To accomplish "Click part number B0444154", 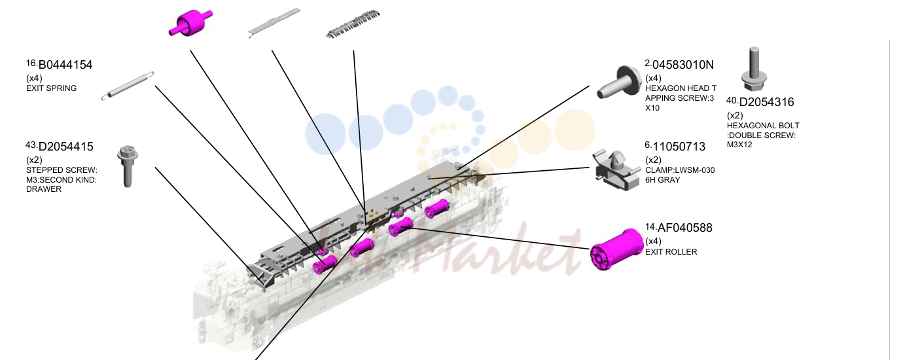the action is [x=65, y=65].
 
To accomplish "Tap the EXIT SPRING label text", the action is [x=51, y=88].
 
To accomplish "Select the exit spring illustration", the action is [x=128, y=86].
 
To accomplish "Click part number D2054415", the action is [x=65, y=147].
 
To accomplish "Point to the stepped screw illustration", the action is [x=128, y=166].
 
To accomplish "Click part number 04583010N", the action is [x=683, y=65].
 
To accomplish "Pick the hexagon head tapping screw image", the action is [x=619, y=83].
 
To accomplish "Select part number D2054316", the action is [x=766, y=102].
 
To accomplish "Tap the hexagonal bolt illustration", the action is [x=754, y=69].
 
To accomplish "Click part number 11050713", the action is [x=679, y=147].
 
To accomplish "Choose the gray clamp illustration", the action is [x=616, y=170].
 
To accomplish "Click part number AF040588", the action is [x=685, y=228].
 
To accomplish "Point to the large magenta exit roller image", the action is [x=616, y=249].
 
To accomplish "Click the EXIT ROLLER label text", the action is [x=671, y=252].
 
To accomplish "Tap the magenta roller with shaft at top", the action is [x=190, y=22].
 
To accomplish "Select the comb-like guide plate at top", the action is [x=353, y=25].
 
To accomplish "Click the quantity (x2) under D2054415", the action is [x=34, y=160].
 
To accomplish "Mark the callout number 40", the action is [x=732, y=100].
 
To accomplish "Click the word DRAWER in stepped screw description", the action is [x=44, y=189].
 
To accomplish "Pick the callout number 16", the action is [x=31, y=63].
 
